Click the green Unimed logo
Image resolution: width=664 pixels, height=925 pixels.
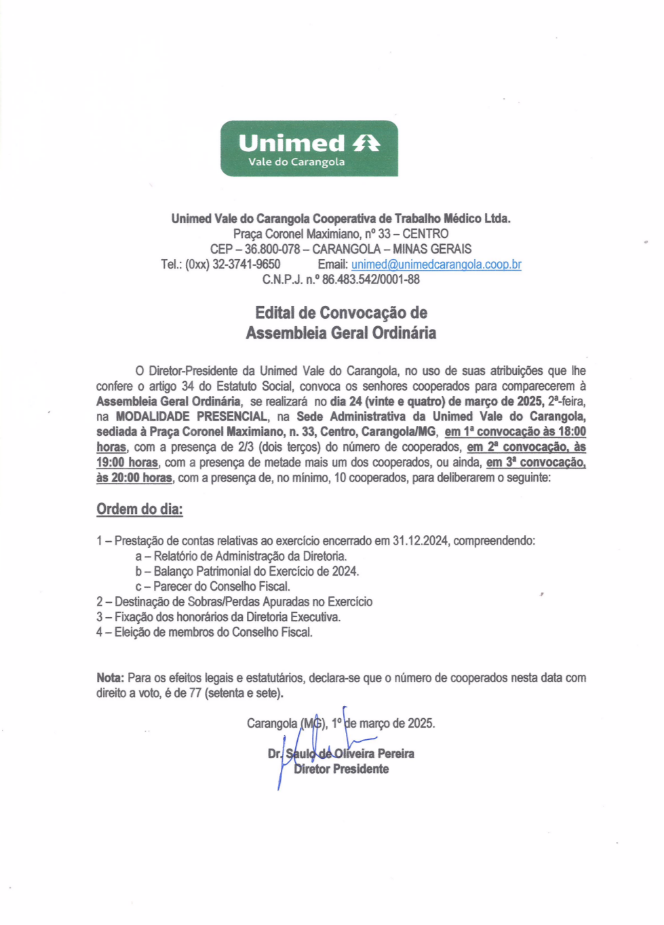309,149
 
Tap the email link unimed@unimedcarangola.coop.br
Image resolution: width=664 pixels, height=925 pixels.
436,264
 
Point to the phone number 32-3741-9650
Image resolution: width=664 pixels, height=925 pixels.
246,264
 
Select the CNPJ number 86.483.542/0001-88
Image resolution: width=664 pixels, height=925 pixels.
371,279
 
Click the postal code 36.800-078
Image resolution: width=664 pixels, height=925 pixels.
272,249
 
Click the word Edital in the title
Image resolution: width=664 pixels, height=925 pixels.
275,313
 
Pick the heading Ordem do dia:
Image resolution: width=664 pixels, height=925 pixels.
139,509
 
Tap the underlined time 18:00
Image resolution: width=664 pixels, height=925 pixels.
572,432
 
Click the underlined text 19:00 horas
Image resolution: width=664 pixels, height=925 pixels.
127,462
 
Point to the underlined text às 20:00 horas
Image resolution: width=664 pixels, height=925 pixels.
134,478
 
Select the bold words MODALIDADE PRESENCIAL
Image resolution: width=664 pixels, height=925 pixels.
191,416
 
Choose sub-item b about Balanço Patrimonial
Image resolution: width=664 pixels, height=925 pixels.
247,571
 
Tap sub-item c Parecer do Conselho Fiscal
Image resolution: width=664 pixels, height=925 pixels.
212,587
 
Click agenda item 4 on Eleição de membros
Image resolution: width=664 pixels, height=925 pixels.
204,632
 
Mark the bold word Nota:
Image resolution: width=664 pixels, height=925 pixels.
110,677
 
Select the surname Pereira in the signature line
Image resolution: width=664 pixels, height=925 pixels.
395,753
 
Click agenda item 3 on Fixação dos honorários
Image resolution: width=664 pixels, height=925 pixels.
218,617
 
